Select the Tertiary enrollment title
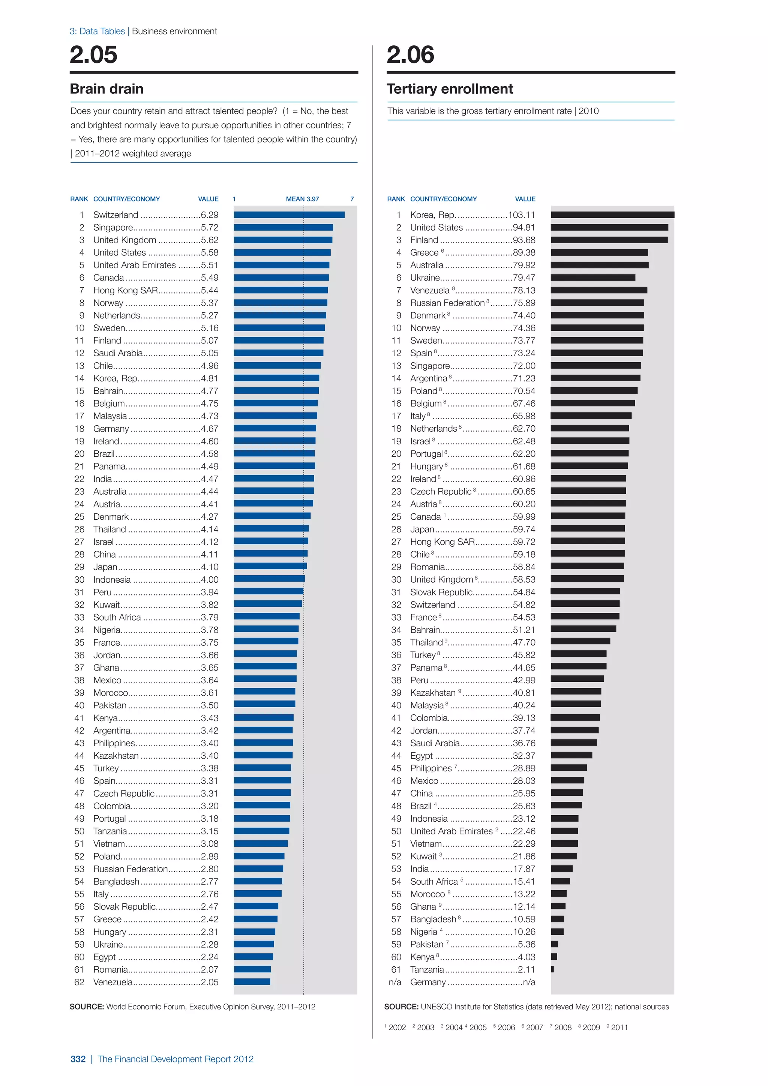tap(449, 89)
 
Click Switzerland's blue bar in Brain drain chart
tap(289, 215)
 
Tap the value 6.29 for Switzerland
tap(210, 215)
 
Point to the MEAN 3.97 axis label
tap(302, 199)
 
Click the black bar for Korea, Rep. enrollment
tap(612, 215)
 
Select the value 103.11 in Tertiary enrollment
tap(522, 215)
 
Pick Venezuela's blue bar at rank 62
tap(252, 982)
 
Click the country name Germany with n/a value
tap(427, 982)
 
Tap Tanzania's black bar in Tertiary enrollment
tap(552, 969)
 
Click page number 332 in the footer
tap(78, 1059)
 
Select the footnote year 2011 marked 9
tap(619, 1027)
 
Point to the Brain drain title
tap(106, 89)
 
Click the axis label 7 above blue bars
tap(352, 199)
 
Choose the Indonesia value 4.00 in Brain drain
tap(210, 579)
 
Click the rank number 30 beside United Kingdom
tap(396, 579)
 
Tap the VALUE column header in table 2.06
tap(525, 199)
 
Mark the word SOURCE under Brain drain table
tap(87, 1006)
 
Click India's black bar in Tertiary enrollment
tap(562, 868)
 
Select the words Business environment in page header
tap(174, 31)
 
